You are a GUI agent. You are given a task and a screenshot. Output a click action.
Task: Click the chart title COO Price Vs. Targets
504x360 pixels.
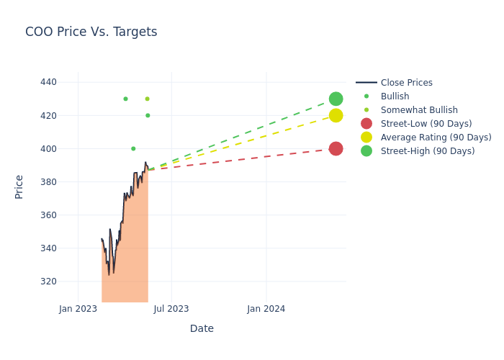pos(91,32)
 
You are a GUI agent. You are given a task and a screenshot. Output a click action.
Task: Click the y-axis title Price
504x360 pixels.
pos(19,186)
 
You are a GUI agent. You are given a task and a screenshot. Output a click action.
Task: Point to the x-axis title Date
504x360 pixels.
pos(202,328)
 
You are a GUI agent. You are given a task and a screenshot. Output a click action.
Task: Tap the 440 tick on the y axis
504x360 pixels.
pos(48,82)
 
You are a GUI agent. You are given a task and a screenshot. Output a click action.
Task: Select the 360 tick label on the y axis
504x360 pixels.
pos(48,215)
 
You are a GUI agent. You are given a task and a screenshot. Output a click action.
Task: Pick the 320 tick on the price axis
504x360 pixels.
pos(48,282)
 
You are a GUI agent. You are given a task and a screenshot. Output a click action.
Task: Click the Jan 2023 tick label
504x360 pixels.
pos(78,309)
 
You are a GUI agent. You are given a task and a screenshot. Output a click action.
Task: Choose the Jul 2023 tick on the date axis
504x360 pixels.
pos(171,309)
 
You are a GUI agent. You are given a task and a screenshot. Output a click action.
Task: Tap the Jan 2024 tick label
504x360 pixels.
pos(266,309)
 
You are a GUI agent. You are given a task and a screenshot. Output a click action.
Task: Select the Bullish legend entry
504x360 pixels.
pos(395,96)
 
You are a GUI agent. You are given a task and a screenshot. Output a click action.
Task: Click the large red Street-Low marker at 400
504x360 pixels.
pos(336,149)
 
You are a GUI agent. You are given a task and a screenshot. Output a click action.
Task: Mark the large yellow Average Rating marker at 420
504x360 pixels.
pos(336,115)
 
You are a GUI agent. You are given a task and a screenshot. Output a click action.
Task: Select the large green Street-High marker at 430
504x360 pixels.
pos(336,99)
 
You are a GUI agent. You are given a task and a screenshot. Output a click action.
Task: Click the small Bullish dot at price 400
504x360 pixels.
pos(133,149)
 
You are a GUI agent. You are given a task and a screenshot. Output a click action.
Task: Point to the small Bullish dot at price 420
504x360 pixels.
pos(148,115)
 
